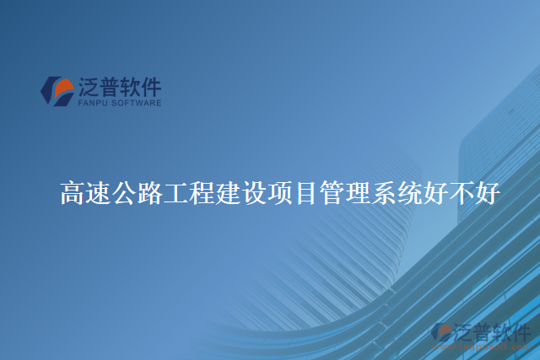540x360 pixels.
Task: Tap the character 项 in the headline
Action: (x=279, y=194)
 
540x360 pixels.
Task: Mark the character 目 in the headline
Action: (x=305, y=194)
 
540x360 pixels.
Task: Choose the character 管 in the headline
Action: (x=331, y=194)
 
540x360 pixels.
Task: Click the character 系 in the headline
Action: (x=383, y=194)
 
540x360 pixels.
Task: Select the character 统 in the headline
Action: (x=409, y=194)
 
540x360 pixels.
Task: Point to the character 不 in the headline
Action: (x=461, y=194)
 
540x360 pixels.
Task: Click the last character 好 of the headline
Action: (x=487, y=194)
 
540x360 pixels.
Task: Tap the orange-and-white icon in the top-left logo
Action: (x=57, y=90)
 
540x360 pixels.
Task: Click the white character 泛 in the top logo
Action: (x=89, y=86)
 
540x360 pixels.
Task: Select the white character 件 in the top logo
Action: (x=149, y=86)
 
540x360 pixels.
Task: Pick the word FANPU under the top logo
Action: (x=92, y=102)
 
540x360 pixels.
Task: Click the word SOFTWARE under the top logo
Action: (x=134, y=102)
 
